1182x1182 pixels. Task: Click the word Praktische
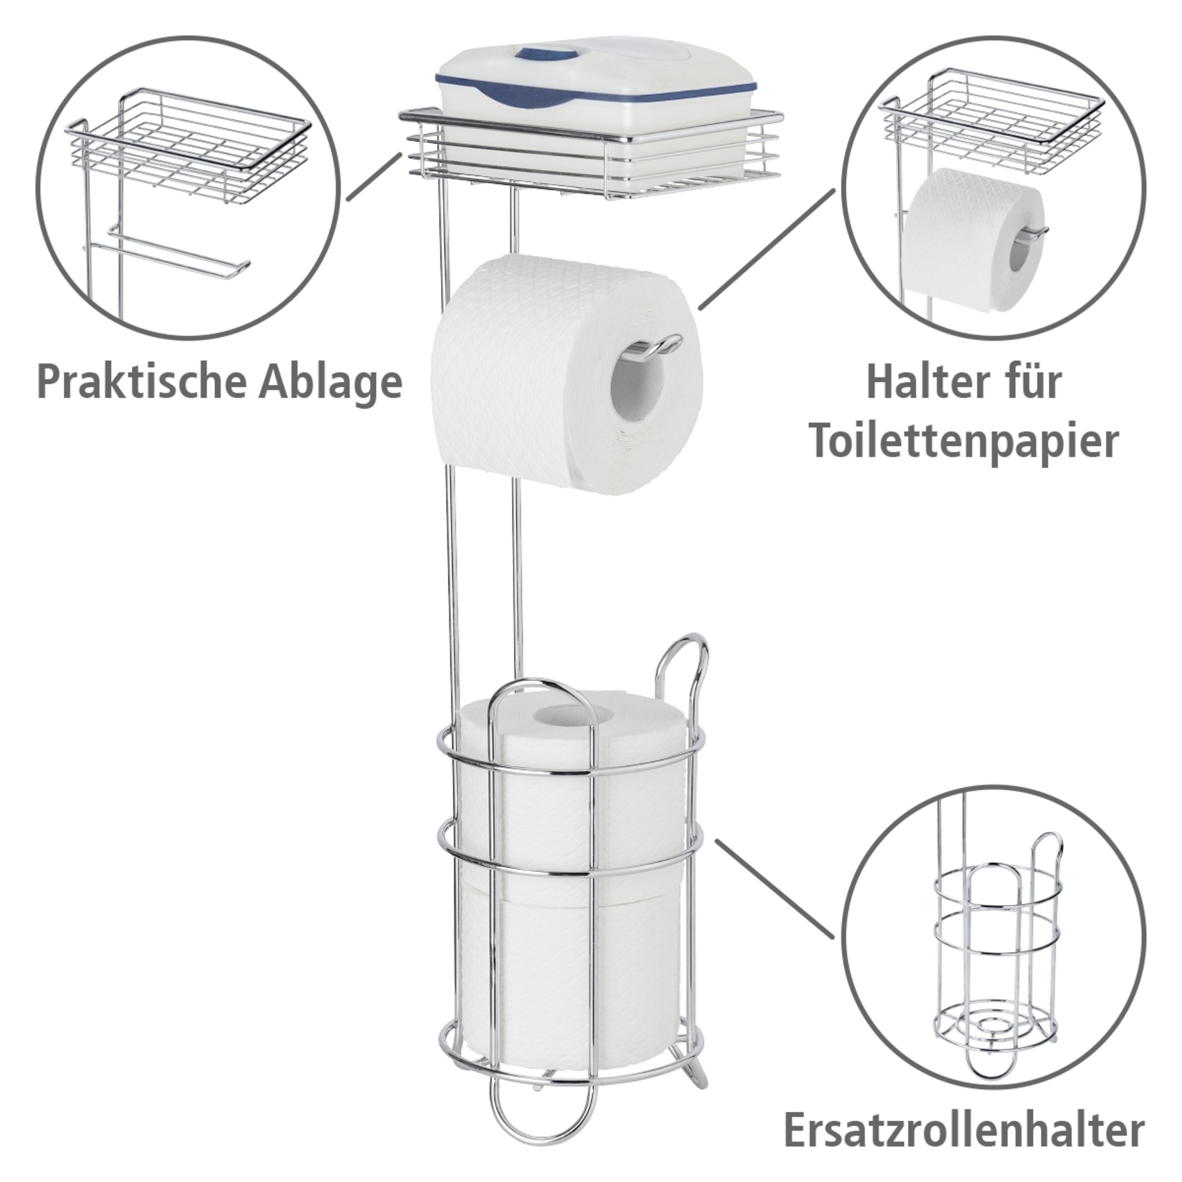[142, 382]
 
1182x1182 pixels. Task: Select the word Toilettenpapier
[964, 442]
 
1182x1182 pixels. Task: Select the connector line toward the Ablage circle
[375, 176]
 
